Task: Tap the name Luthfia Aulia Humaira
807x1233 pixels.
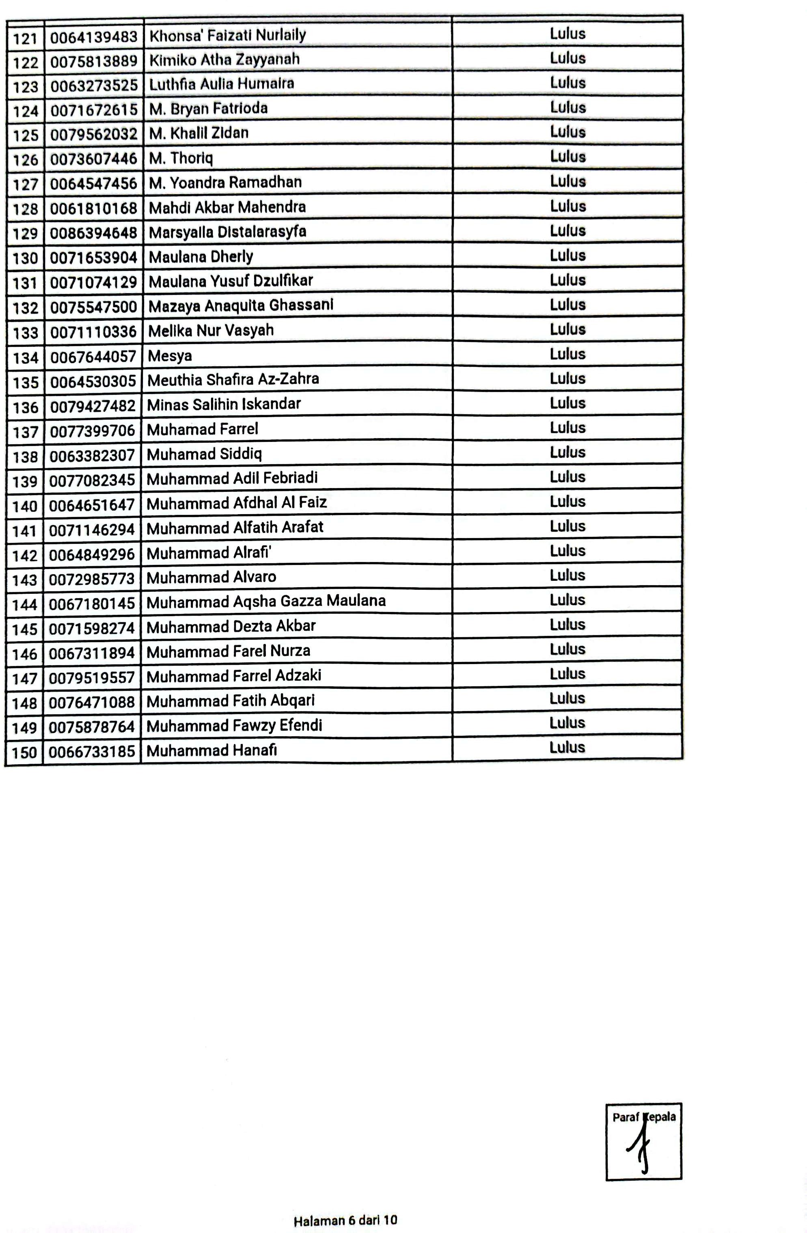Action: coord(221,84)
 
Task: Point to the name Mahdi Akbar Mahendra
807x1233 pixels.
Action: coord(227,207)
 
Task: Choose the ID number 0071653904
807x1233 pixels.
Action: coord(93,257)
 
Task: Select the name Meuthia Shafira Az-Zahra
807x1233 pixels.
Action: coord(233,380)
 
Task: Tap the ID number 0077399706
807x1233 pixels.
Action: coord(93,430)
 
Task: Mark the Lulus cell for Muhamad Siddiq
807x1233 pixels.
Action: coord(567,452)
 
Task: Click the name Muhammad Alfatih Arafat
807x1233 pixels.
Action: coord(235,528)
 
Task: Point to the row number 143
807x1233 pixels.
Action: coord(25,580)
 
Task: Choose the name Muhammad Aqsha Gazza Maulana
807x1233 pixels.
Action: coord(266,601)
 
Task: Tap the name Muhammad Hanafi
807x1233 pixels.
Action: coord(211,751)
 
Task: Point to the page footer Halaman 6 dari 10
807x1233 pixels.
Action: coord(345,1220)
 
